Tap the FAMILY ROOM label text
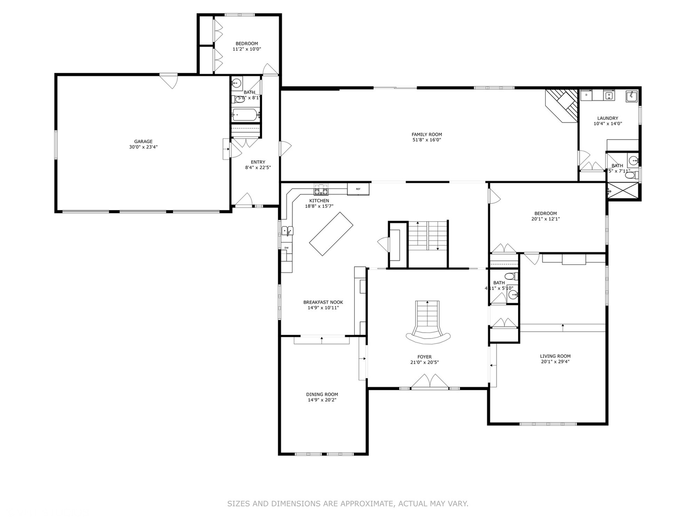coord(426,134)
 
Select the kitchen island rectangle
coord(331,234)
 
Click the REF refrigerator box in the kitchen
coord(358,189)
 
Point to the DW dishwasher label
coord(286,248)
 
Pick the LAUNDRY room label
coord(608,118)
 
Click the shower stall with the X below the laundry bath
coord(623,191)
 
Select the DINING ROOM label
coord(322,394)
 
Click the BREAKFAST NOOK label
coord(323,302)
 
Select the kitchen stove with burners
coord(321,188)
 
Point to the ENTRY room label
coord(258,162)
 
